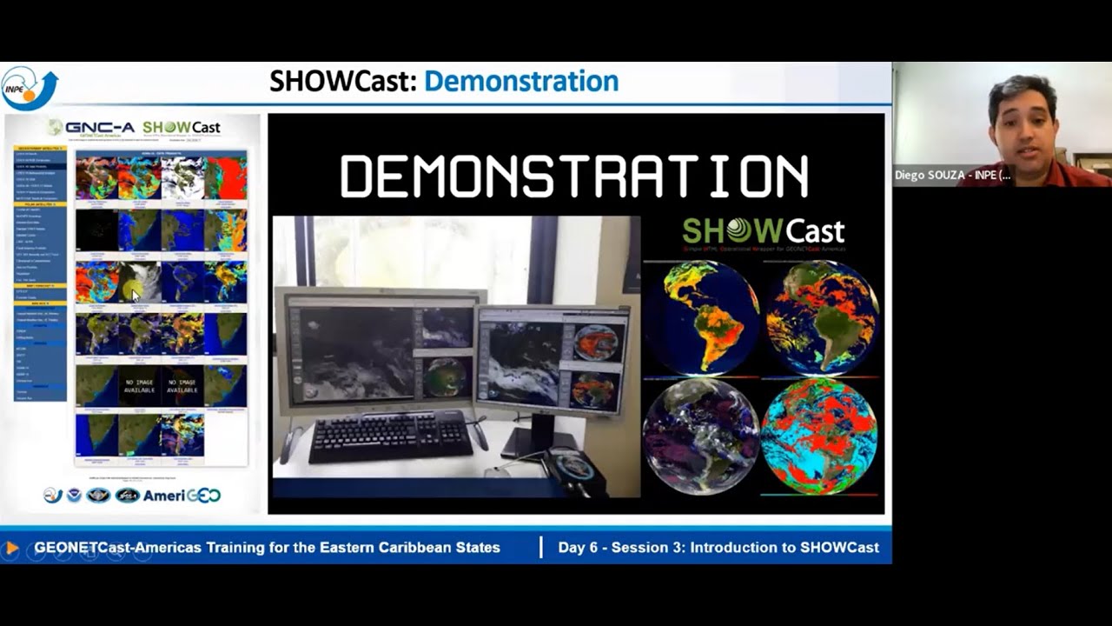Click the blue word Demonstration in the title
[x=521, y=82]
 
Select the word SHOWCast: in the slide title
[x=343, y=82]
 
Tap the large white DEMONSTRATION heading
[x=574, y=176]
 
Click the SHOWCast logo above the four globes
[x=763, y=231]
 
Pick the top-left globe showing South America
[x=700, y=317]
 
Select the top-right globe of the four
[x=821, y=317]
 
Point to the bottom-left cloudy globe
[x=700, y=436]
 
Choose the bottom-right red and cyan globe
[x=819, y=436]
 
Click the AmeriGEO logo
[x=182, y=496]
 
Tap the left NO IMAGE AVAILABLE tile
[x=139, y=385]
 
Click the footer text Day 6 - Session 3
[x=718, y=548]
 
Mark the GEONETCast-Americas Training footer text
[x=267, y=548]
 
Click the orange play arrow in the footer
[x=11, y=548]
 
